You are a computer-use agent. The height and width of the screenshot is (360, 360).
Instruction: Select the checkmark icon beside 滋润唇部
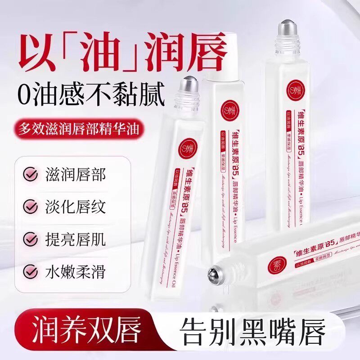31,175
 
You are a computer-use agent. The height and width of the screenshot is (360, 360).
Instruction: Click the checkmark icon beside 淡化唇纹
31,207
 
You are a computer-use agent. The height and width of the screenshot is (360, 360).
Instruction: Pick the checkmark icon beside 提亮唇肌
31,239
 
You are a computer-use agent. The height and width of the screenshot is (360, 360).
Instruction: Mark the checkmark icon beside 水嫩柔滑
31,271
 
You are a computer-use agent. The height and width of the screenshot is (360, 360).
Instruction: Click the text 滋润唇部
75,175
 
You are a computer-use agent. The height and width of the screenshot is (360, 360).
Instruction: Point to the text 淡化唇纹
75,207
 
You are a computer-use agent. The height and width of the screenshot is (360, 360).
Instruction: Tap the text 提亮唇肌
75,239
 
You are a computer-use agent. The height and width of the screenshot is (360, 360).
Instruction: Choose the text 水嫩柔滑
75,271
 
